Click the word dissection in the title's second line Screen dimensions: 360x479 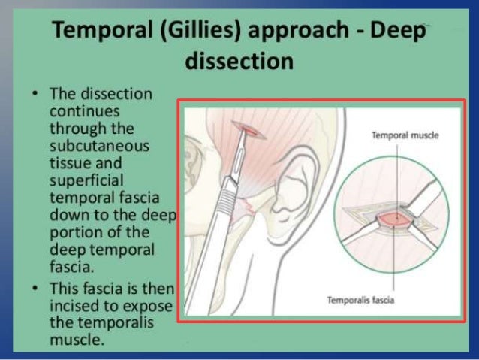[239, 60]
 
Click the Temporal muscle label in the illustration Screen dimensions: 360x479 [405, 136]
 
